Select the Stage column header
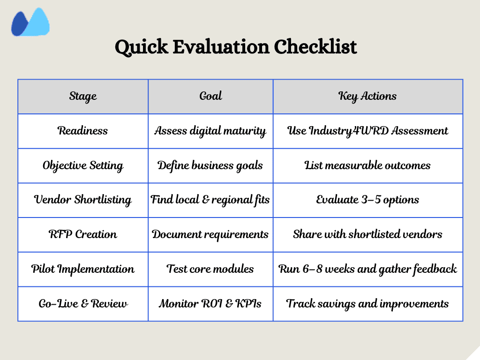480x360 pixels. [83, 96]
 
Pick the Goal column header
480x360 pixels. [210, 96]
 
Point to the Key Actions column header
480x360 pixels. [367, 96]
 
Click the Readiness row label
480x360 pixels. [83, 131]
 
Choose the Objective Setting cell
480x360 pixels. [83, 165]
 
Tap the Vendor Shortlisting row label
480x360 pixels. [83, 200]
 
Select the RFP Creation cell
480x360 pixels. [83, 234]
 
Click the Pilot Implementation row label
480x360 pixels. [83, 269]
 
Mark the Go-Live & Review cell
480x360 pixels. [83, 304]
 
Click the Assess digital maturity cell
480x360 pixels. [210, 131]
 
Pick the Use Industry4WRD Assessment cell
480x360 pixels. [367, 131]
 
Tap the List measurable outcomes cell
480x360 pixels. [367, 165]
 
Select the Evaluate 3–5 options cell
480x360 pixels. [367, 200]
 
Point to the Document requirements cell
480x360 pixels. [210, 234]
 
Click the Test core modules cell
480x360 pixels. [210, 269]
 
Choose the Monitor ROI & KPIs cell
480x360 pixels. [210, 304]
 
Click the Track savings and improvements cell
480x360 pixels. [367, 304]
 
